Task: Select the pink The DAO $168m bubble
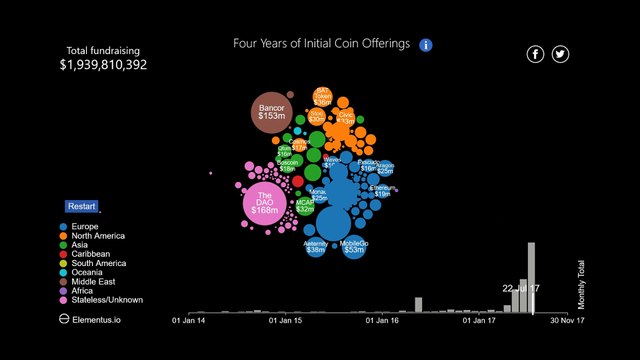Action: pos(265,203)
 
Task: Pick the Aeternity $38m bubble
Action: pos(316,246)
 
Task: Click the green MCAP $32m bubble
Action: pos(305,206)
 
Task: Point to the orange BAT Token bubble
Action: pos(323,97)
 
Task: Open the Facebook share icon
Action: pos(536,54)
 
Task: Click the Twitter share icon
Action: pos(560,54)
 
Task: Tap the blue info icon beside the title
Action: pos(426,45)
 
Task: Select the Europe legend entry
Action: pos(86,227)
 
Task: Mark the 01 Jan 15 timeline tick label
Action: pos(285,321)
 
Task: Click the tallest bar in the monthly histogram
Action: pos(532,278)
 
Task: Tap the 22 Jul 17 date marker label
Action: pos(521,288)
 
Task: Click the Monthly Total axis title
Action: pos(580,284)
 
